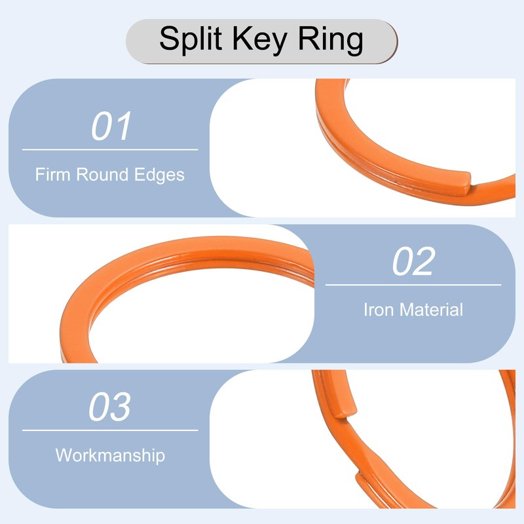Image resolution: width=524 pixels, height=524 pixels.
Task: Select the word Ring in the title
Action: click(331, 41)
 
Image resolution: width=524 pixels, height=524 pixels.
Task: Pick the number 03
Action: click(110, 407)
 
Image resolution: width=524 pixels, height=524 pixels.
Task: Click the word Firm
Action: click(53, 176)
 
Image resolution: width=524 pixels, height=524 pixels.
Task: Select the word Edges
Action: click(160, 176)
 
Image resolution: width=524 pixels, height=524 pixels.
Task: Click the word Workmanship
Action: click(110, 455)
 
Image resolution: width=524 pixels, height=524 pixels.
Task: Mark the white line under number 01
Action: click(110, 150)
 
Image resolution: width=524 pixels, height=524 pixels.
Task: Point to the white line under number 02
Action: click(413, 285)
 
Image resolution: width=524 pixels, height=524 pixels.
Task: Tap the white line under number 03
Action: click(110, 430)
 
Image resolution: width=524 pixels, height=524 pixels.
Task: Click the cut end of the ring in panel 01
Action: click(466, 178)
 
